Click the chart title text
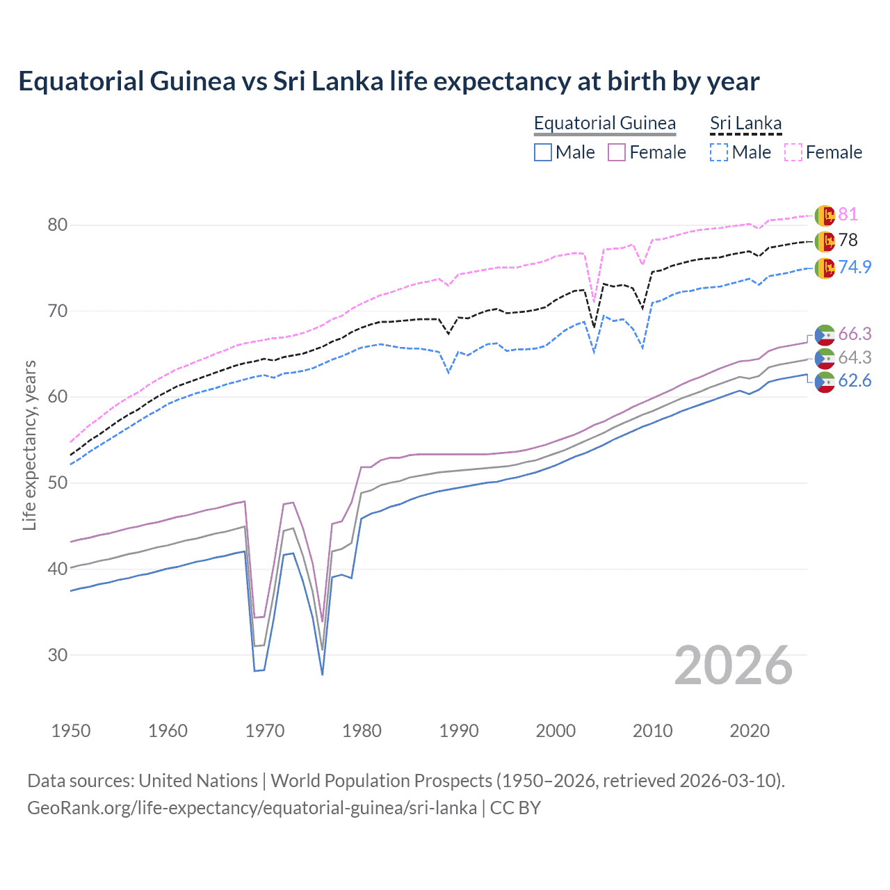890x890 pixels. (389, 81)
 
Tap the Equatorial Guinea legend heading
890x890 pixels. (604, 123)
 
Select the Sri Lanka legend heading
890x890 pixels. (745, 123)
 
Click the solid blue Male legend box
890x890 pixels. (543, 152)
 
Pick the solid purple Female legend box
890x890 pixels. (617, 152)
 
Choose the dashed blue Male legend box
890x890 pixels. (719, 152)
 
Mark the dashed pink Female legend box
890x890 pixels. (793, 152)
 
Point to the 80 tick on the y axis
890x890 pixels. (58, 225)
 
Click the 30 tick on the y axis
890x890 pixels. (58, 655)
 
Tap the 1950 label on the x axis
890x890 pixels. (71, 731)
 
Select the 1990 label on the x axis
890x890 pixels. (459, 731)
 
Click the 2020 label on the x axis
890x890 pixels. (750, 731)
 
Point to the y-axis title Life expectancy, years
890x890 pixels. (29, 445)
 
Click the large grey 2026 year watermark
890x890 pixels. (733, 665)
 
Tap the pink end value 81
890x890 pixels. (848, 215)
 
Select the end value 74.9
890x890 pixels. (855, 267)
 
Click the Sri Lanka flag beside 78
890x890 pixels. (825, 241)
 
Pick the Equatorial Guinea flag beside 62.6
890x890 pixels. (825, 382)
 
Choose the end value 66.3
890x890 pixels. (855, 334)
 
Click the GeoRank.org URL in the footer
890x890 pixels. (252, 808)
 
